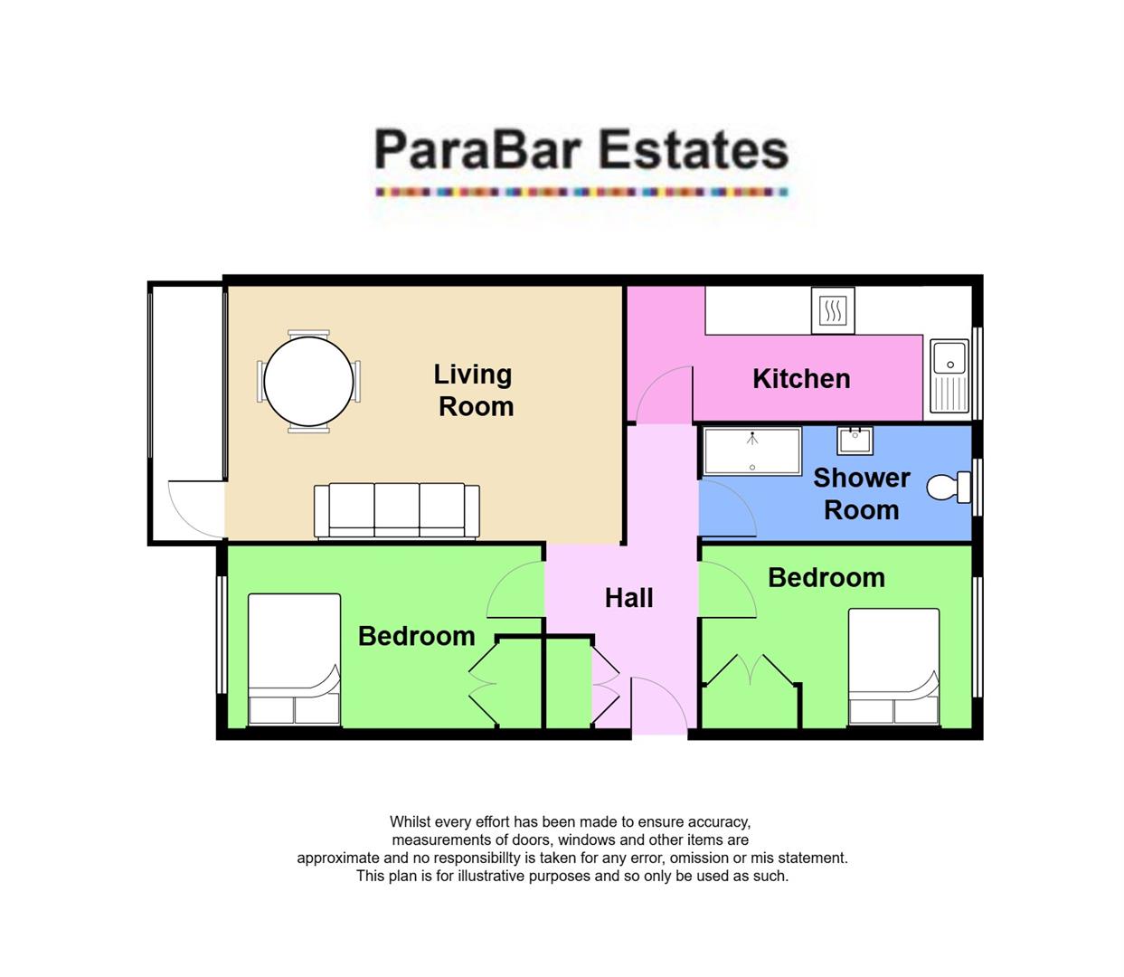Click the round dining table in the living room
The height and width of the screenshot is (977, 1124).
[308, 382]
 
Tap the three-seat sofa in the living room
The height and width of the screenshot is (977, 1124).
[397, 511]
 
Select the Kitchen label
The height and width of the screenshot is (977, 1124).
[801, 379]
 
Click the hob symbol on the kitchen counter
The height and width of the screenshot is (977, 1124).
[832, 311]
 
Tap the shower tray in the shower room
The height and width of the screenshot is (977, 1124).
[752, 451]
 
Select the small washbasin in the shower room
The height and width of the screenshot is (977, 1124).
[855, 441]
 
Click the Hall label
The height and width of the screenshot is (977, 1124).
[629, 598]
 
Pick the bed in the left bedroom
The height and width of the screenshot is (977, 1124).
[295, 660]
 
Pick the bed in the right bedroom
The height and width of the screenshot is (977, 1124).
[893, 668]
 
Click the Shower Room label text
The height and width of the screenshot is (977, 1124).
[862, 494]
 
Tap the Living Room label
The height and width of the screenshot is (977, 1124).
[474, 390]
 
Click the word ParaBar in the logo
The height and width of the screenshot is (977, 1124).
[477, 150]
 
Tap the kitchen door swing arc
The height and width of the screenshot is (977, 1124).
[664, 394]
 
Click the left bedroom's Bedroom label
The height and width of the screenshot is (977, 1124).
[416, 636]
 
